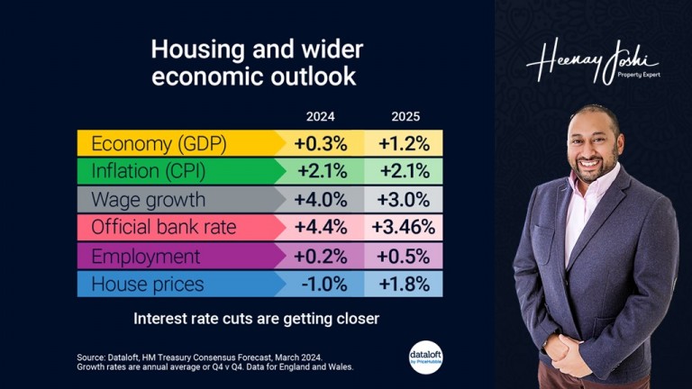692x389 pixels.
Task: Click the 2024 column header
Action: coord(320,116)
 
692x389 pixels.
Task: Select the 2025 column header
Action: coord(405,116)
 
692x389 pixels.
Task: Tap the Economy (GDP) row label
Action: coord(159,143)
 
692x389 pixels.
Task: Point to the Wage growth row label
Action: coord(148,199)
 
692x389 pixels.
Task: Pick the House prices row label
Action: coord(147,284)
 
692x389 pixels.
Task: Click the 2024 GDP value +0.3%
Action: coord(321,143)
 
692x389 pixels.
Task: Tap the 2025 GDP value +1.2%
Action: coord(405,143)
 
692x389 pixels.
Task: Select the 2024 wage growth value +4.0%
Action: coord(321,199)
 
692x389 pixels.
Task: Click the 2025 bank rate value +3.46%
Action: coord(405,227)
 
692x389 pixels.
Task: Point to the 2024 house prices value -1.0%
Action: coord(321,284)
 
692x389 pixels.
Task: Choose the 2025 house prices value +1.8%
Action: coord(405,284)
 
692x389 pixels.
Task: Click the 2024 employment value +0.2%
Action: coord(321,256)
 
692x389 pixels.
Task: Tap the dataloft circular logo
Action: coord(425,357)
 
